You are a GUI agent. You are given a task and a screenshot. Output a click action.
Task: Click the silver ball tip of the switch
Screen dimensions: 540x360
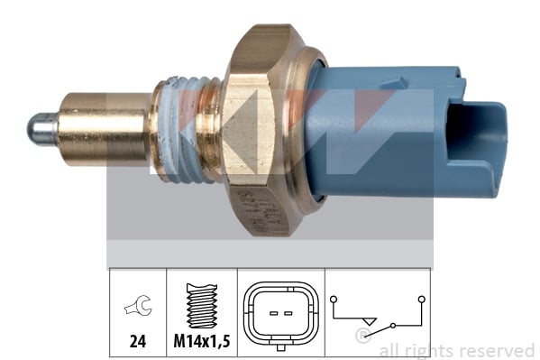tap(41, 129)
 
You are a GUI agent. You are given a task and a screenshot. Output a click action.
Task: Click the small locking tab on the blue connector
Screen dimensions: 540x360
tap(393, 83)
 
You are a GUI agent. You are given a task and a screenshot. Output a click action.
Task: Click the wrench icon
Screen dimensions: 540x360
tap(138, 306)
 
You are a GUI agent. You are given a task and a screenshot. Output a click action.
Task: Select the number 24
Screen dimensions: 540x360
tap(138, 341)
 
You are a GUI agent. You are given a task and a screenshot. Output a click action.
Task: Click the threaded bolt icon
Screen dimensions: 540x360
tap(202, 306)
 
